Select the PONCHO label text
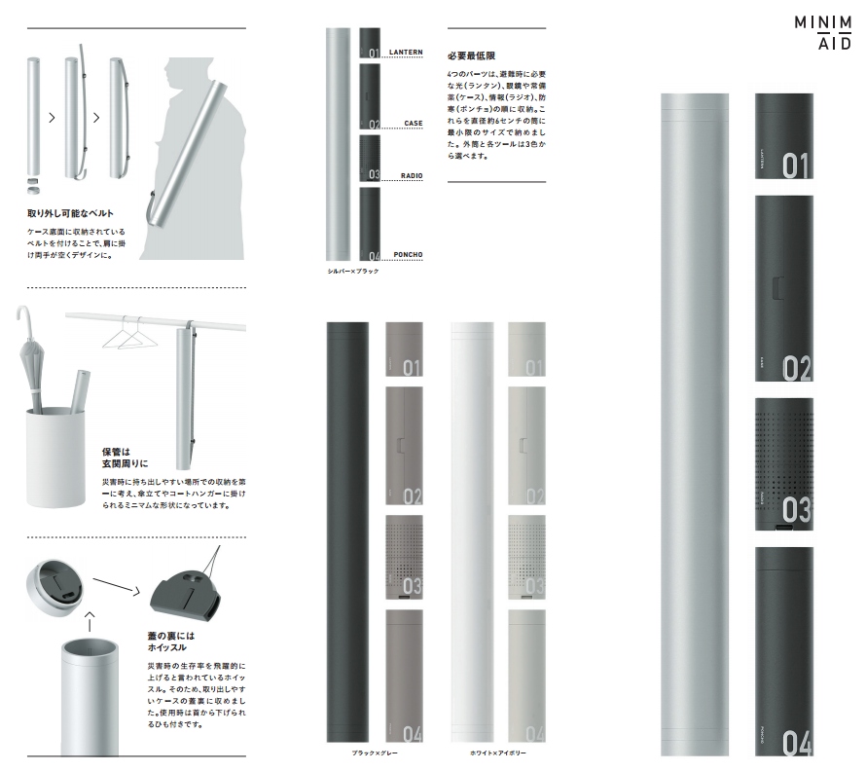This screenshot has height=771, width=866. (408, 254)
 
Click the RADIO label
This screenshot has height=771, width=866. (412, 175)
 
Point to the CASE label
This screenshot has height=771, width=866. (414, 124)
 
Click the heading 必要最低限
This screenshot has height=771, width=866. (472, 55)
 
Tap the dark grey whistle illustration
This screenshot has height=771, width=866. (184, 594)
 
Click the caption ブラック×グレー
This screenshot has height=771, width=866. (375, 753)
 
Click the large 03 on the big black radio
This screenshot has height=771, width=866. (796, 508)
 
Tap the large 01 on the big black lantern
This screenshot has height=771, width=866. (795, 165)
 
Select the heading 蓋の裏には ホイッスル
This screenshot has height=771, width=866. (168, 639)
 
